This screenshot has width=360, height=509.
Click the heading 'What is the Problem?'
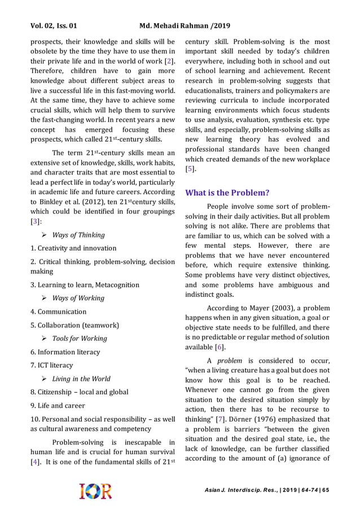[x=227, y=192]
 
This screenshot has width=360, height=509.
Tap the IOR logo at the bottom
[x=95, y=490]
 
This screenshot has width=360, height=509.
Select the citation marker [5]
[x=191, y=169]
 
